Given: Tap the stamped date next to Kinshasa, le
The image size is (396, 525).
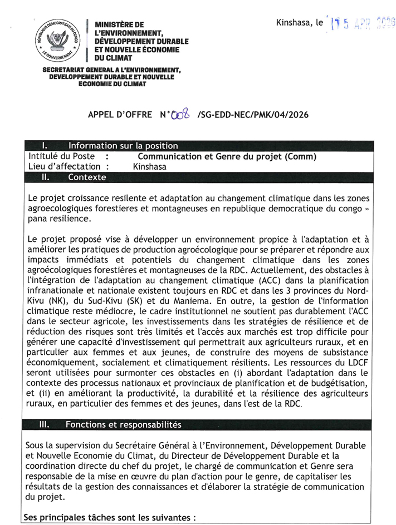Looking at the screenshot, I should click(x=362, y=23).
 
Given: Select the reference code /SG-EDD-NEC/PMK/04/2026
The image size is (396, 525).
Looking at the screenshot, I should click(x=252, y=115).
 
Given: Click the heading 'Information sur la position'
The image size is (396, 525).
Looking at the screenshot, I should click(x=123, y=146).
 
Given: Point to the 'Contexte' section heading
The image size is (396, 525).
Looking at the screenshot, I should click(x=86, y=177).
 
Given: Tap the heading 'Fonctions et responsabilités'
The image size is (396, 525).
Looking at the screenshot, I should click(x=123, y=425).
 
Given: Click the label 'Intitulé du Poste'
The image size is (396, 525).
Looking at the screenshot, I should click(x=61, y=156).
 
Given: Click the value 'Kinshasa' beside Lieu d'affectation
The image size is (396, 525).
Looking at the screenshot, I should click(x=150, y=166).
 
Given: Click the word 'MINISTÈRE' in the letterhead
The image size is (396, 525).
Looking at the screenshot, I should click(x=119, y=25).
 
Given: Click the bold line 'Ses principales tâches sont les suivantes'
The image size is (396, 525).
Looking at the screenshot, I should click(x=109, y=517).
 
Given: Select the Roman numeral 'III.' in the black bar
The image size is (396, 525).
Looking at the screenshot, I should click(x=43, y=425).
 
